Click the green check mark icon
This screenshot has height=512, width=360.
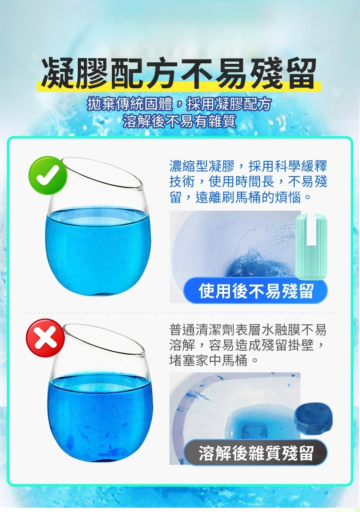48,175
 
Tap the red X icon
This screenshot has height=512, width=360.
45,338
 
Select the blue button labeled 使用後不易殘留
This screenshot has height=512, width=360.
255,290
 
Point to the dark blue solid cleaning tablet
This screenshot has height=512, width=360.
313,418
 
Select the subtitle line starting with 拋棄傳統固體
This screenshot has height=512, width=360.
180,104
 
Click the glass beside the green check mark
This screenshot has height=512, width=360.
96,228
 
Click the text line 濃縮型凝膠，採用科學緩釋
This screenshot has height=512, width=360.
248,166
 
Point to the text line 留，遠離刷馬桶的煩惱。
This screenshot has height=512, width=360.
240,197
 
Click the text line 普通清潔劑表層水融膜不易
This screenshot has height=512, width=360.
248,330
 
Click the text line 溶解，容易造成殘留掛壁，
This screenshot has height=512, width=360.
248,345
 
